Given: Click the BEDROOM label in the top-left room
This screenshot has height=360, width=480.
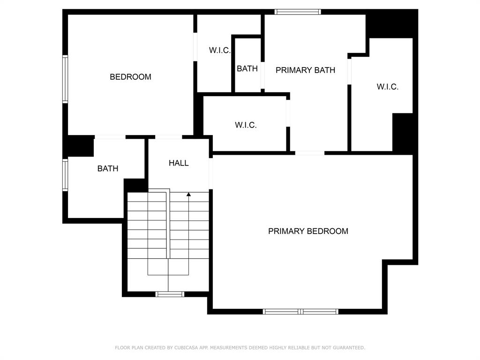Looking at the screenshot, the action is point(130,77).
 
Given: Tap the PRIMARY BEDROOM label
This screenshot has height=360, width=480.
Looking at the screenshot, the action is point(308,231).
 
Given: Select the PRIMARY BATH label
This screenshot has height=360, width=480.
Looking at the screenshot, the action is point(305,70).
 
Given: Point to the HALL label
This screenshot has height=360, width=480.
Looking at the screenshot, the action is point(179,163).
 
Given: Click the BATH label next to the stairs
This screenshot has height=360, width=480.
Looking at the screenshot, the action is point(108,169).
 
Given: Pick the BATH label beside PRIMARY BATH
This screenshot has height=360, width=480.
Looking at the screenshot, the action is point(247,68).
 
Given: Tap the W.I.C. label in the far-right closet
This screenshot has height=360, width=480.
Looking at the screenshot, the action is point(388,87).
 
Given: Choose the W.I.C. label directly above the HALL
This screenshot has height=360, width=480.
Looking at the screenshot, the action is point(246,125).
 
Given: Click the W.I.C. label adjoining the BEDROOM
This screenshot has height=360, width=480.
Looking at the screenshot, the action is point(220,51).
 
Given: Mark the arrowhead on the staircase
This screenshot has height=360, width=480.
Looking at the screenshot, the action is point(188,195).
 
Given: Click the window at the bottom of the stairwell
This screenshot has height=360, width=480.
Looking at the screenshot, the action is point(170,294).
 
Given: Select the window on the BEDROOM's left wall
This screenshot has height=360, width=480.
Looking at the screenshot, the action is point(65,79).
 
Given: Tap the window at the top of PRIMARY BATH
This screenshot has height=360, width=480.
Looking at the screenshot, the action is point(298,12).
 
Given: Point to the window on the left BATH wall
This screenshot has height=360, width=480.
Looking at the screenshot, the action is point(65,175).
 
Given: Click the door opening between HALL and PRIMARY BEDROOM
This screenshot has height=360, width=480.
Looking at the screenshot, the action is point(211,173).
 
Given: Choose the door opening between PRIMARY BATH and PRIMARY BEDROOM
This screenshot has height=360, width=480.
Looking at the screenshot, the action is point(310,153).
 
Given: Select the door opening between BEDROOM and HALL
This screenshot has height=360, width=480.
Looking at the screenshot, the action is point(169,137).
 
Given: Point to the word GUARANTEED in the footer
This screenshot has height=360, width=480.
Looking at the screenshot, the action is point(349,348).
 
